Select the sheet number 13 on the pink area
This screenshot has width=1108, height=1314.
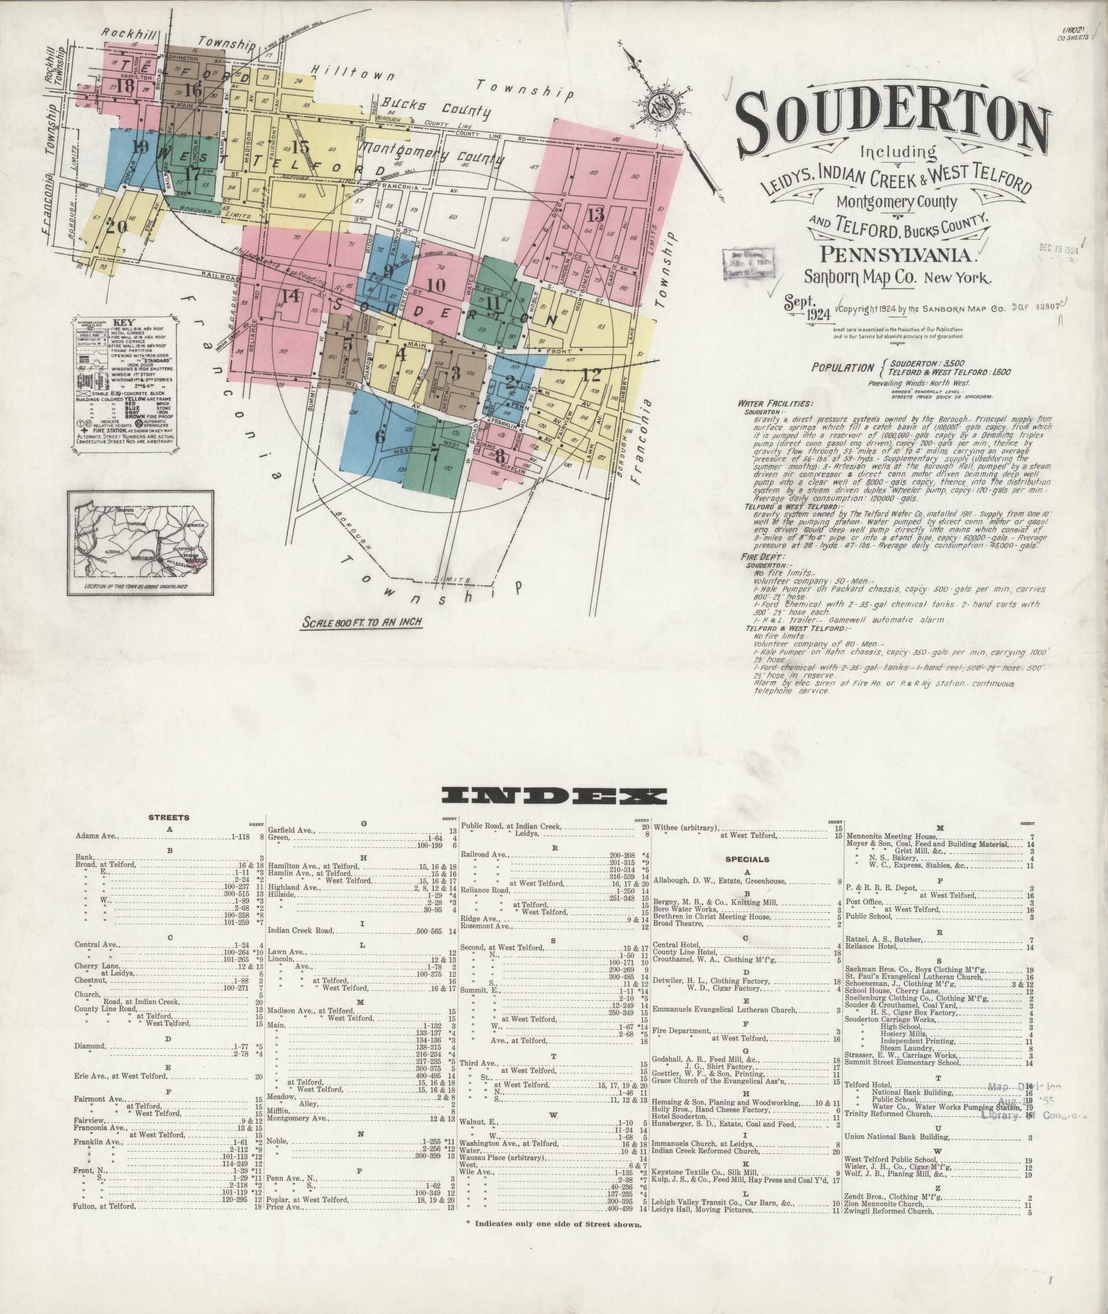(595, 214)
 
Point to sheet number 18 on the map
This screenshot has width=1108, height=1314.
(125, 87)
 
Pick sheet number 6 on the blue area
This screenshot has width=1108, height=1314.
(380, 435)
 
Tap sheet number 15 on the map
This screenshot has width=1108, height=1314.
(301, 146)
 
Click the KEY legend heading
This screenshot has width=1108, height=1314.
(124, 322)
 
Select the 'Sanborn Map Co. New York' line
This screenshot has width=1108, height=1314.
(898, 278)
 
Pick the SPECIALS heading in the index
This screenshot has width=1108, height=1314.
(747, 859)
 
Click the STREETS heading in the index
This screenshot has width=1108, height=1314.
(169, 817)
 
